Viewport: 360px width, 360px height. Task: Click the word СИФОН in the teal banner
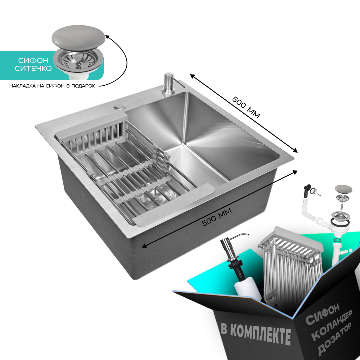[x=33, y=60]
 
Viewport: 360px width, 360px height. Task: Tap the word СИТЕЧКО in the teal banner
[x=33, y=68]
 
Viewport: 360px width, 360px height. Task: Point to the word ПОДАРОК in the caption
[x=83, y=86]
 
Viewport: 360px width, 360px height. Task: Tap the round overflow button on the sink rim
[x=120, y=107]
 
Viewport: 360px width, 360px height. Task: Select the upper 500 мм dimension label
[x=246, y=107]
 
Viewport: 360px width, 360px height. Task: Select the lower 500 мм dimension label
[x=217, y=217]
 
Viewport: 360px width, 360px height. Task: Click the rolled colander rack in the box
[x=291, y=264]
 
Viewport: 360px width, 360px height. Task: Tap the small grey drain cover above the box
[x=343, y=189]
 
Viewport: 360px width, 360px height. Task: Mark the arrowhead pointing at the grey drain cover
[x=107, y=37]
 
